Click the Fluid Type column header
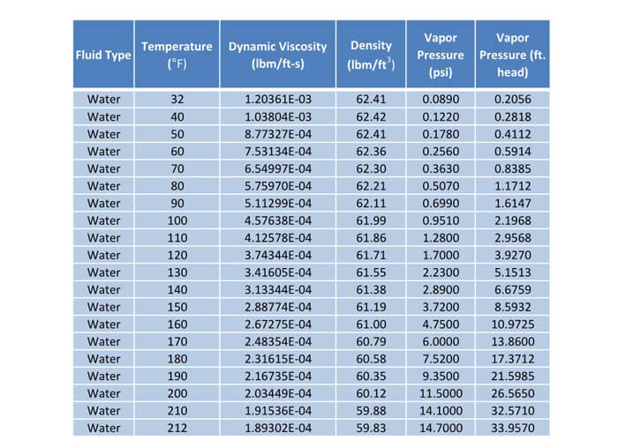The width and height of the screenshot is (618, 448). point(103,55)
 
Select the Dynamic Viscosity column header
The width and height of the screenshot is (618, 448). point(278,55)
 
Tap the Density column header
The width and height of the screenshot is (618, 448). point(371,55)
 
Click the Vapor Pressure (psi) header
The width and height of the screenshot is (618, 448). point(441,55)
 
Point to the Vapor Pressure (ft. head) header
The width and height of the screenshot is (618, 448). point(512,55)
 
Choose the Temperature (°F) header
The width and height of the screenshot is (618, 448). point(177,55)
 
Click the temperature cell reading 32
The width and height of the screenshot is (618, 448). point(177,99)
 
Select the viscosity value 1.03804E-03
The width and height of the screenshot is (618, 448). point(278,117)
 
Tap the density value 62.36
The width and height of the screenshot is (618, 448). point(371,152)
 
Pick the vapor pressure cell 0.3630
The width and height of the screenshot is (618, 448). point(441,169)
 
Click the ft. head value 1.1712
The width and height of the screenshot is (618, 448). point(513,186)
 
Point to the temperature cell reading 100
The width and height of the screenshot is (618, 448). point(177,220)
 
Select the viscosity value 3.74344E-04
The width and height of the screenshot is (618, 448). point(278,255)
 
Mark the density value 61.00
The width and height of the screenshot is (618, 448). point(371,325)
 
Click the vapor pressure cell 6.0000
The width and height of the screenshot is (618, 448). point(441,341)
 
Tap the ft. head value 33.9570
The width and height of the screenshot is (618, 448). point(513,428)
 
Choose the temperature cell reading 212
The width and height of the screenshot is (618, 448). point(177,428)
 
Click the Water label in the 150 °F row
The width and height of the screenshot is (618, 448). point(103,307)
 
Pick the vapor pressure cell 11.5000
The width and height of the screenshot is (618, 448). point(441,393)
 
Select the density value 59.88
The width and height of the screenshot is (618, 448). point(371,411)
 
